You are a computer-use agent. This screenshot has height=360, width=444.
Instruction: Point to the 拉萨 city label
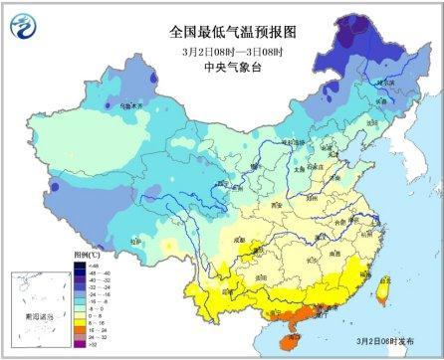click(x=135, y=242)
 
